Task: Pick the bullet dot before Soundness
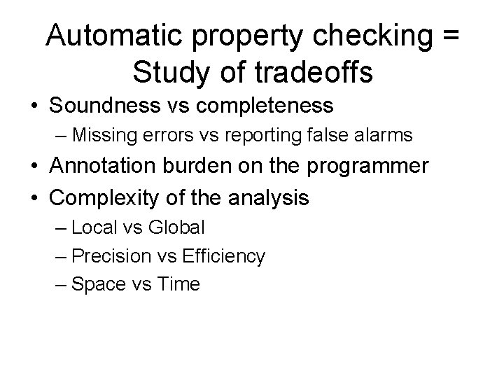tap(34, 107)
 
